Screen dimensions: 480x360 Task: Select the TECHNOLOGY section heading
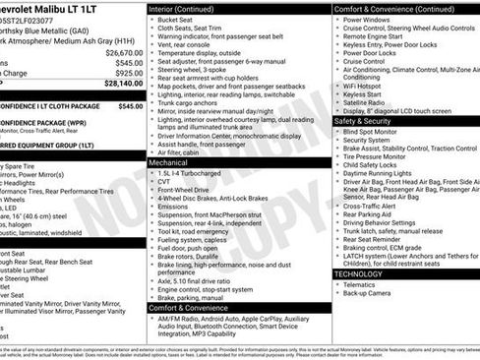click(x=360, y=274)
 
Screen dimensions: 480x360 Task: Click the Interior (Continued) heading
click(x=189, y=8)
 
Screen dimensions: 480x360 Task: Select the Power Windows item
click(x=369, y=19)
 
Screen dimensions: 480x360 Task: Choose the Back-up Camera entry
click(x=373, y=293)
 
